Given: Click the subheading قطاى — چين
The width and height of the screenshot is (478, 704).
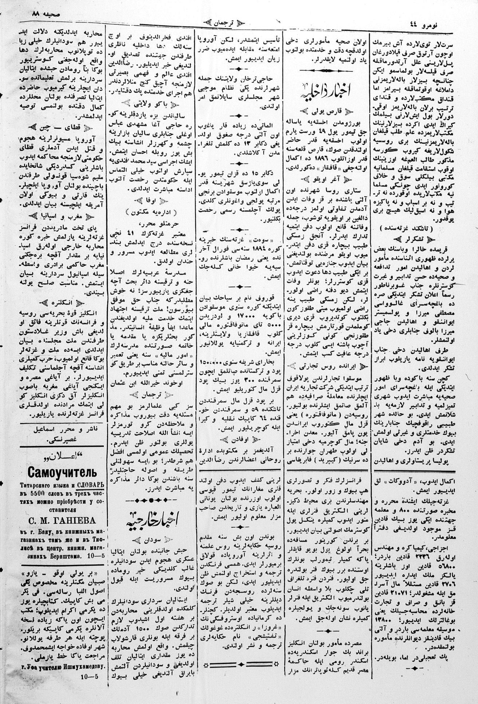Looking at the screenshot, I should click(58, 128).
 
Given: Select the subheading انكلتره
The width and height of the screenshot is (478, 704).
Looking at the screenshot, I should click(58, 302).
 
